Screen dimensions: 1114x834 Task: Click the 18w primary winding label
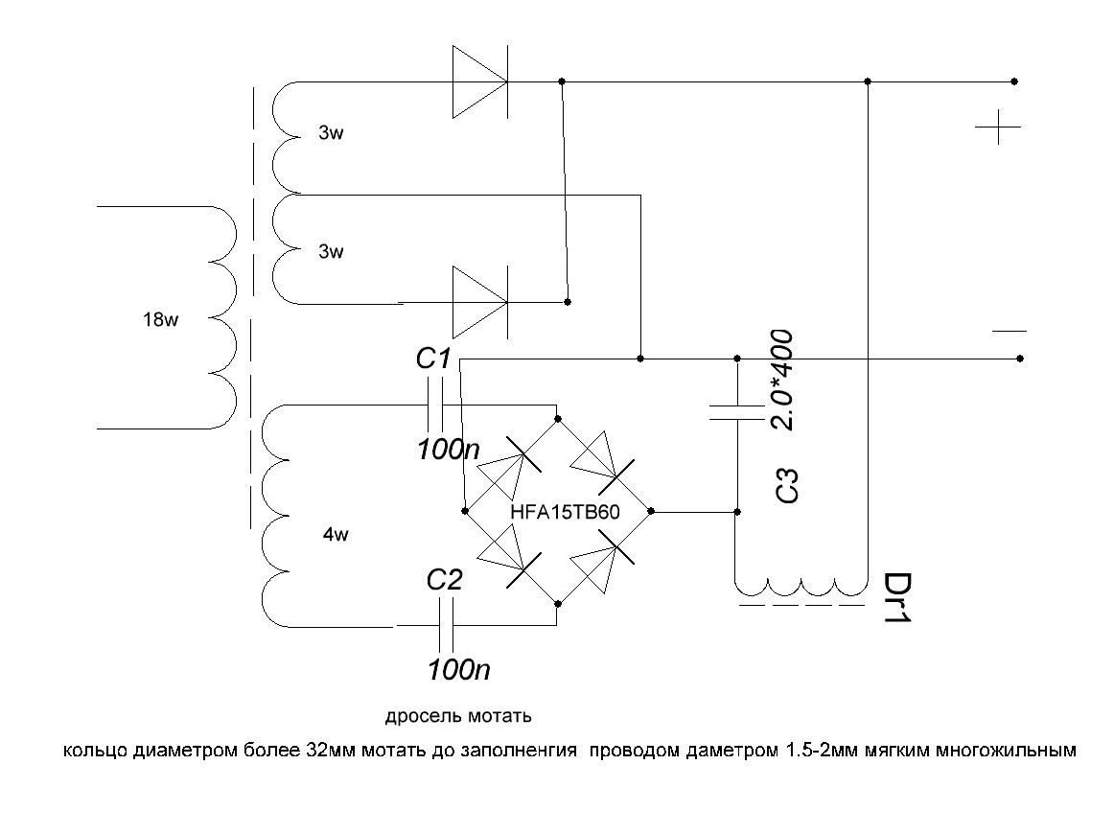click(x=160, y=319)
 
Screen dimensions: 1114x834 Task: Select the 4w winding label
click(x=337, y=534)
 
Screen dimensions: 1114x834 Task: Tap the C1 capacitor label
click(x=433, y=359)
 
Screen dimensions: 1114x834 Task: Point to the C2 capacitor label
click(x=445, y=580)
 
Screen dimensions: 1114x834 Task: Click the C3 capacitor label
click(x=787, y=486)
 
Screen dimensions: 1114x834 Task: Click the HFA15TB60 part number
click(x=565, y=512)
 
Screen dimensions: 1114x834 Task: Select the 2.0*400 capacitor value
click(x=781, y=380)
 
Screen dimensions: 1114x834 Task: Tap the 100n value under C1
click(x=449, y=449)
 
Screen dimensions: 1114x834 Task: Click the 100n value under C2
click(x=459, y=669)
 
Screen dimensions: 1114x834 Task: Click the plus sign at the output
click(x=998, y=127)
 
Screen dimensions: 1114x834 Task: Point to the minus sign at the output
click(x=1010, y=331)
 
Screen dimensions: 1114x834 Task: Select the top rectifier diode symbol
click(x=480, y=81)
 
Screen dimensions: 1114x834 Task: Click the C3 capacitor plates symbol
click(x=737, y=412)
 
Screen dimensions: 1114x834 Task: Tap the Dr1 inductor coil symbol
click(x=801, y=587)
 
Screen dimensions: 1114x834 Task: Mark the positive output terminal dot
click(x=1014, y=81)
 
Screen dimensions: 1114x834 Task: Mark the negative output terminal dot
click(x=1020, y=359)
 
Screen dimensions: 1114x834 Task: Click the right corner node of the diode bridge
click(x=652, y=511)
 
